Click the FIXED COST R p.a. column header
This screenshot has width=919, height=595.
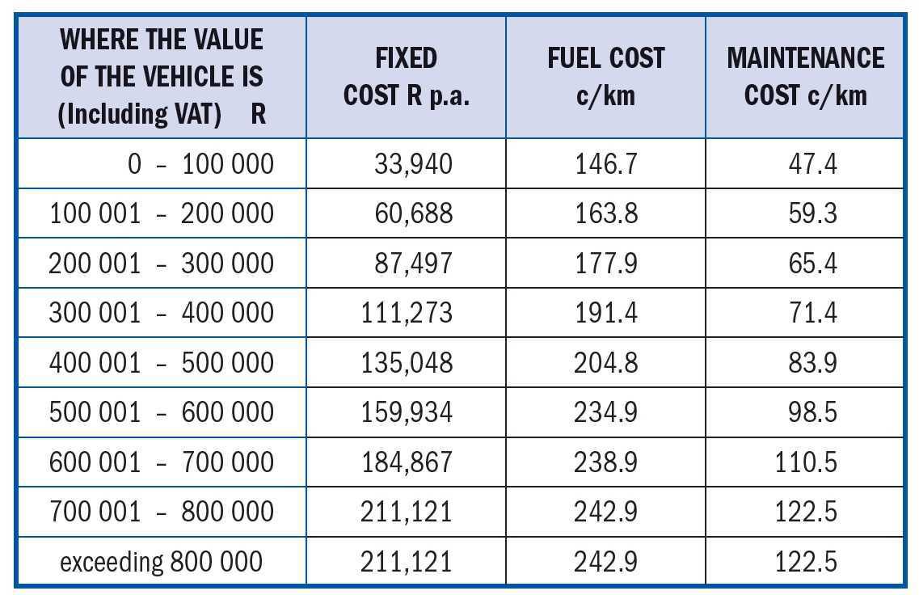point(407,77)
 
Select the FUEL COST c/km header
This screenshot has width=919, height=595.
point(605,77)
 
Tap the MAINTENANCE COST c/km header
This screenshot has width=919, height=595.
point(805,77)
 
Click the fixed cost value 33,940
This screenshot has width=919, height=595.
point(413,164)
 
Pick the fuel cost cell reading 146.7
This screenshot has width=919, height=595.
point(606,164)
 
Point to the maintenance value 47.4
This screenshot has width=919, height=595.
point(812,164)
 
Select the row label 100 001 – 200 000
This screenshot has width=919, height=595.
point(162,214)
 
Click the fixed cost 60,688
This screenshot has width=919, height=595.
point(413,214)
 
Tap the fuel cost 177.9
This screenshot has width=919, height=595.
point(606,264)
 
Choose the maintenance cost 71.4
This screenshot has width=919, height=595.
point(812,313)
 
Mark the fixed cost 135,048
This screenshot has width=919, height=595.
point(407,363)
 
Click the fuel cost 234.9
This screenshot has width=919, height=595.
point(606,412)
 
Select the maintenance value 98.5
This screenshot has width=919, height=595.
point(812,412)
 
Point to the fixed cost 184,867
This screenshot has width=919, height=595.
point(407,462)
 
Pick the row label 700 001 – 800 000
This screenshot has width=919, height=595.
point(162,512)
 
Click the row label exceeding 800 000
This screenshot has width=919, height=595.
point(161,562)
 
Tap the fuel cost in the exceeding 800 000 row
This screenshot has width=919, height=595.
point(606,562)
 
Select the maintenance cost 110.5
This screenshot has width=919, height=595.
point(806,462)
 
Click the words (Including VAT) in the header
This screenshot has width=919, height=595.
point(140,114)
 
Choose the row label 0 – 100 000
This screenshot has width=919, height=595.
point(200,164)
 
